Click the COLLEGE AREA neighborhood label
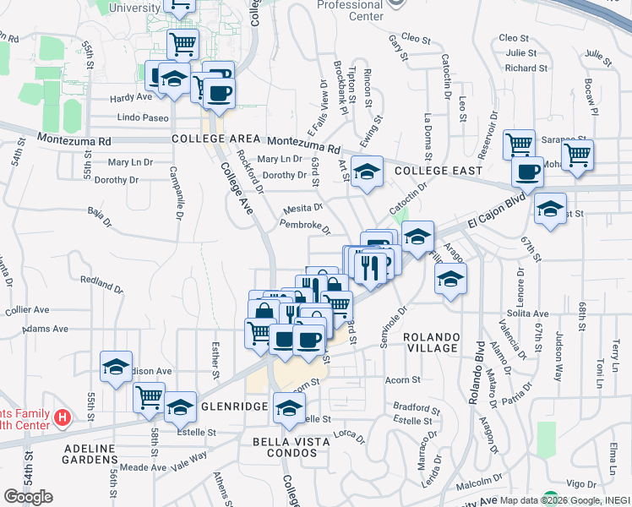click(215, 139)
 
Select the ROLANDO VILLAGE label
click(431, 341)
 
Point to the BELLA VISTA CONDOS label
click(288, 448)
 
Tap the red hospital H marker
click(62, 417)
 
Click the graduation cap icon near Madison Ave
click(117, 366)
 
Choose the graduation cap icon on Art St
click(368, 172)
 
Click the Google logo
click(28, 497)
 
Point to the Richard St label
click(526, 68)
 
